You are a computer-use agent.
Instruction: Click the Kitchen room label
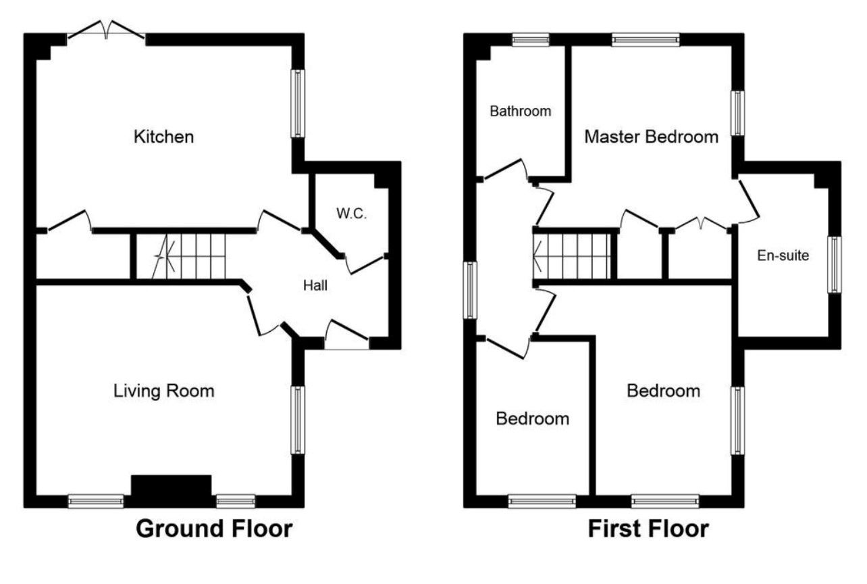pos(164,137)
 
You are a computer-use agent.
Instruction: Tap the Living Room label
pos(164,391)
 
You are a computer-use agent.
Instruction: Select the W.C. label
pos(351,214)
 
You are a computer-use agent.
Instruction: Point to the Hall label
pos(315,286)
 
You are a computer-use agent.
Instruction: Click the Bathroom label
pos(521,111)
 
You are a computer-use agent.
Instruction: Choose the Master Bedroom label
pos(651,137)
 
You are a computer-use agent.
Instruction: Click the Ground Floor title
pos(214,529)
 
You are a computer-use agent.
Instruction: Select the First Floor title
pos(648,529)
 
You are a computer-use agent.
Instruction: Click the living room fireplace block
pos(171,488)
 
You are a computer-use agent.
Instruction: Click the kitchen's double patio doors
pos(106,31)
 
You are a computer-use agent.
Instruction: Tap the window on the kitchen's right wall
pos(297,103)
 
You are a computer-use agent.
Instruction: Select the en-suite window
pos(835,264)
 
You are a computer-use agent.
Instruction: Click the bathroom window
pos(530,40)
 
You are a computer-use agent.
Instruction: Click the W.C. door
pos(365,264)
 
